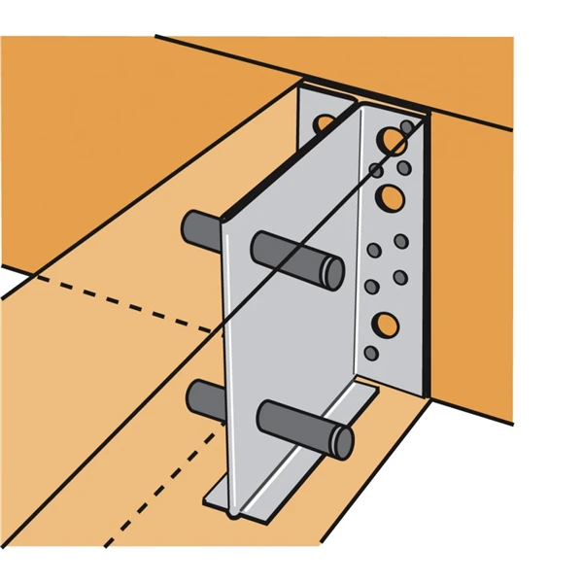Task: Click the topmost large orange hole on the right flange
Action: pyautogui.click(x=392, y=141)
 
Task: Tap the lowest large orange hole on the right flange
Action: pyautogui.click(x=385, y=324)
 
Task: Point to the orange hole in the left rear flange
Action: pyautogui.click(x=324, y=123)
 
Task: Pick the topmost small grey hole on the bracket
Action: pyautogui.click(x=406, y=127)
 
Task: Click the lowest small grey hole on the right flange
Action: pyautogui.click(x=370, y=352)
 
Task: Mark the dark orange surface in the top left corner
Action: pyautogui.click(x=78, y=117)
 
